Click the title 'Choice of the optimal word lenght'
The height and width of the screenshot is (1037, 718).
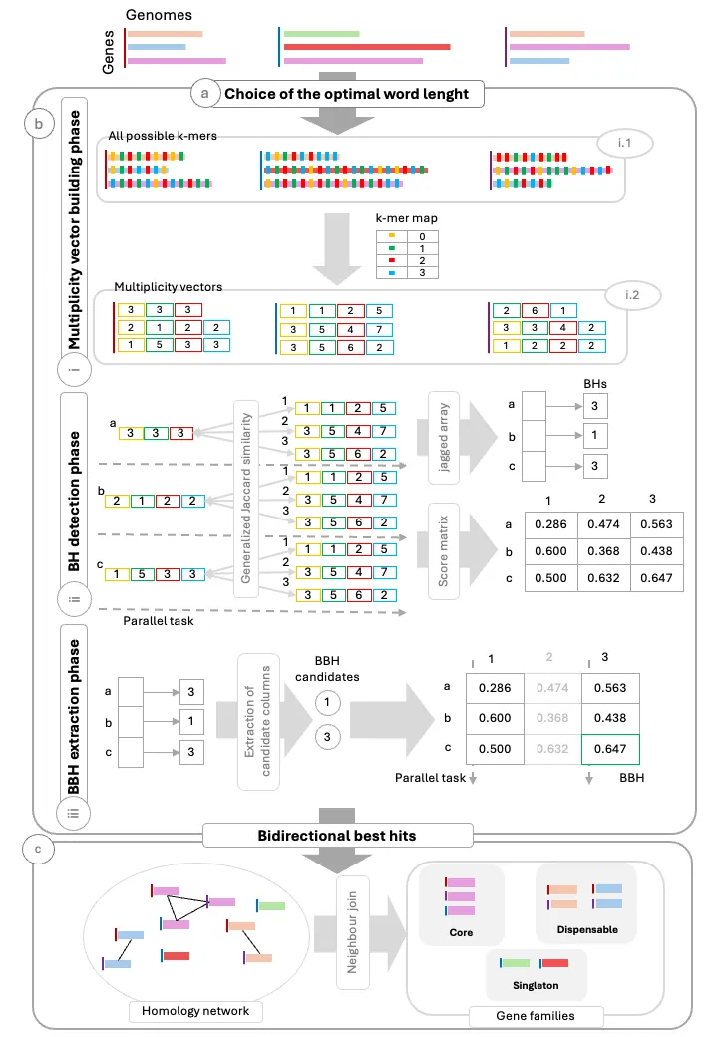click(x=354, y=95)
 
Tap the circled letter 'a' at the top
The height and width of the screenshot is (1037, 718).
click(x=205, y=95)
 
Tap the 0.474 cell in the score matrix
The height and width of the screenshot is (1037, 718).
click(x=602, y=525)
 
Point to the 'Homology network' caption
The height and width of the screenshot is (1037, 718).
click(x=195, y=1012)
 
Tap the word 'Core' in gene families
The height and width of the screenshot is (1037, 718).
click(x=460, y=933)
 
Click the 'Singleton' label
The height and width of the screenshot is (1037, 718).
click(x=536, y=986)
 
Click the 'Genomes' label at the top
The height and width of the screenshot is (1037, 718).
click(x=159, y=15)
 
